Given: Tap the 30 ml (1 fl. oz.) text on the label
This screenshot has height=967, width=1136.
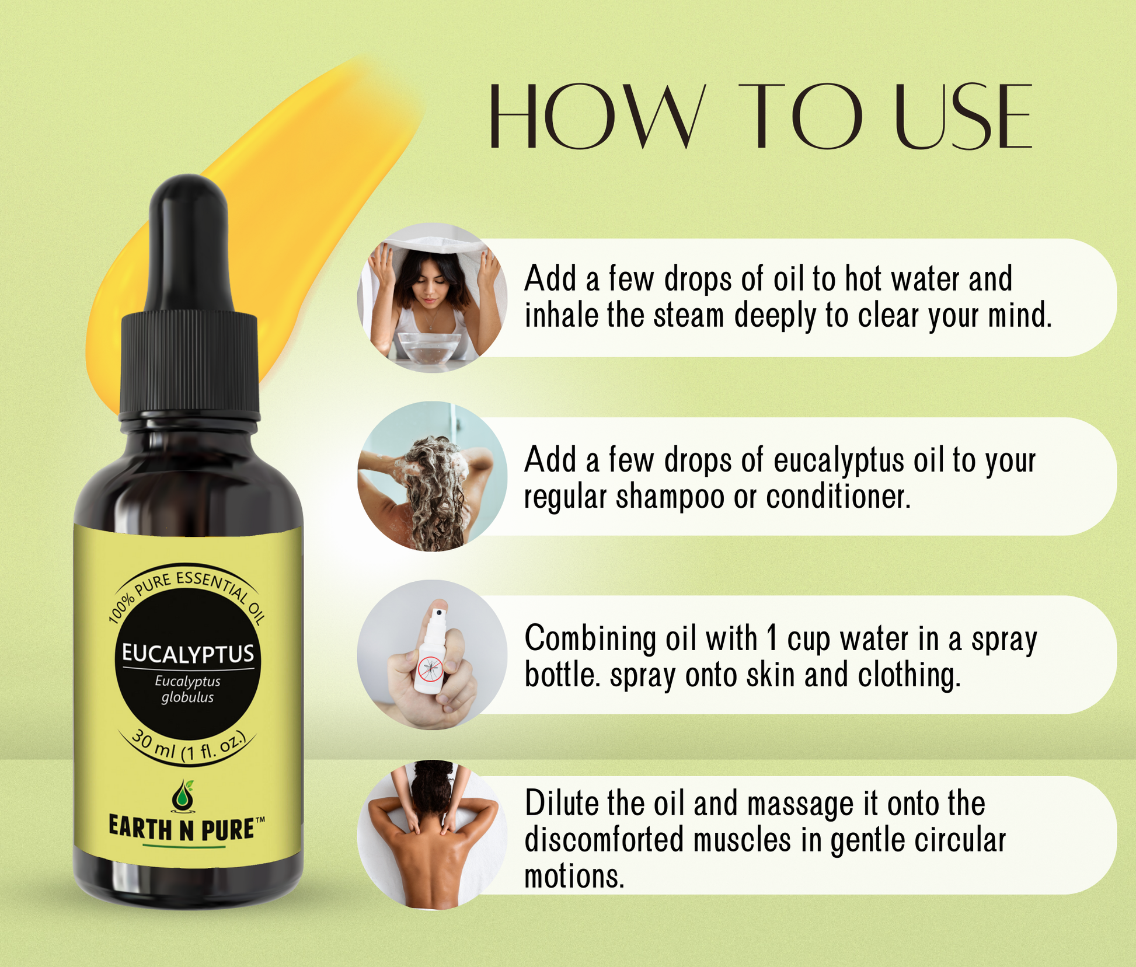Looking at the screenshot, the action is tap(189, 744).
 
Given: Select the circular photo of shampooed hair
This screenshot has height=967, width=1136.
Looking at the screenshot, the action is tap(432, 476).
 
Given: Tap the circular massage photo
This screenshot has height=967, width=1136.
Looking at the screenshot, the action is tap(432, 834).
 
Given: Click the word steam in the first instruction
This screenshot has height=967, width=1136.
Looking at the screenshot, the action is tap(689, 316).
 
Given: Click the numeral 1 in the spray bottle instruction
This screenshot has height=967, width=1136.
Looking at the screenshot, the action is tap(772, 638).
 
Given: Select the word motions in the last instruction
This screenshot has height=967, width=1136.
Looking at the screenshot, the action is tap(574, 877).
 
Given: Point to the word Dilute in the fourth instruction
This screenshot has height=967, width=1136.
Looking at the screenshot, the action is tap(561, 803).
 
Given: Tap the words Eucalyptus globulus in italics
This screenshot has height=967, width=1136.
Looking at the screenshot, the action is tap(187, 689).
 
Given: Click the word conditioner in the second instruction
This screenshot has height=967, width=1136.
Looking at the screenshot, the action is tap(838, 497).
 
